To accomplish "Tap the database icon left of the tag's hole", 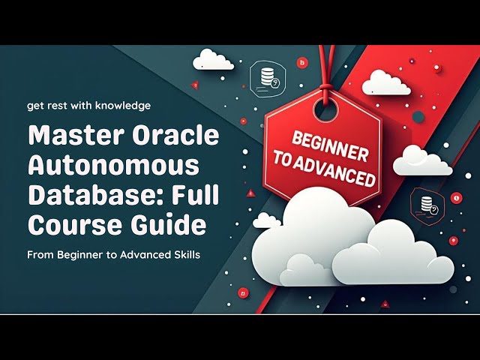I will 267,76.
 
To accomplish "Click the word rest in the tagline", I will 57,106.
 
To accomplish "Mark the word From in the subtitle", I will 40,255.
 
